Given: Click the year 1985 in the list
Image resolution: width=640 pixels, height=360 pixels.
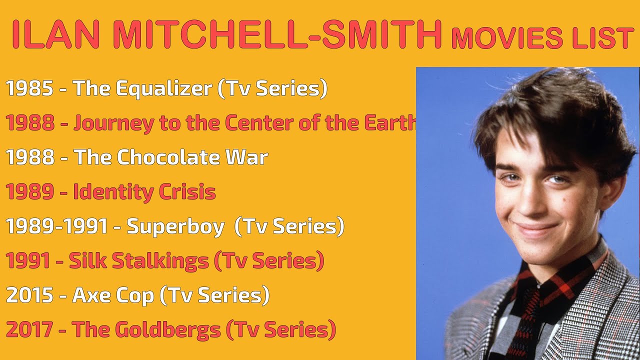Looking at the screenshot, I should coord(29,89).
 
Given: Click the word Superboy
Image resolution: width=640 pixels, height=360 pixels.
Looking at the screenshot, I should coord(175,226).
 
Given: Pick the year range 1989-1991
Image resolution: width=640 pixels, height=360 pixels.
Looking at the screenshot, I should coord(57,226).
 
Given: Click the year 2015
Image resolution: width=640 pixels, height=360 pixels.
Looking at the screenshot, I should coord(29,295).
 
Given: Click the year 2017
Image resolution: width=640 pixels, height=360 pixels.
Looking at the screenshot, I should coord(29,330).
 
